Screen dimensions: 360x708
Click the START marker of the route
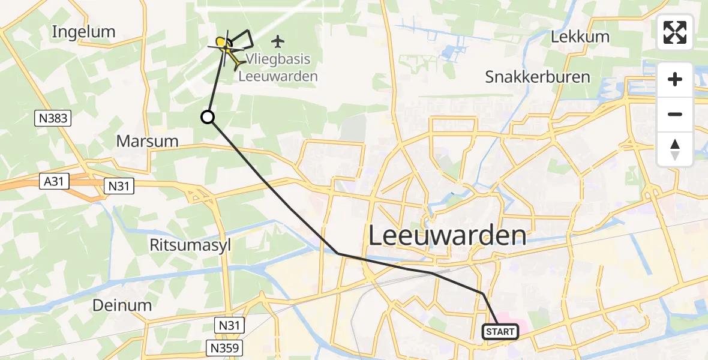coord(500,331)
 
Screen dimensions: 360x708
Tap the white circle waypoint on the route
coord(208,117)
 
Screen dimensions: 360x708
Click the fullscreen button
coord(675,32)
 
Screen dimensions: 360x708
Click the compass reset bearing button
coord(675,149)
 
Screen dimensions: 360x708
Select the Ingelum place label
coord(83,32)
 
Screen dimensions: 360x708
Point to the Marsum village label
coord(148,142)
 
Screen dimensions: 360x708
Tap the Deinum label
coord(122,305)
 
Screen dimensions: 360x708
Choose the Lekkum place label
coord(580,37)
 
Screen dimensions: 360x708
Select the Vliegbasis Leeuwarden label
coord(278,68)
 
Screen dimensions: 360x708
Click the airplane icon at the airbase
coord(277,41)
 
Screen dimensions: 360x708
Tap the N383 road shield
coord(52,119)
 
